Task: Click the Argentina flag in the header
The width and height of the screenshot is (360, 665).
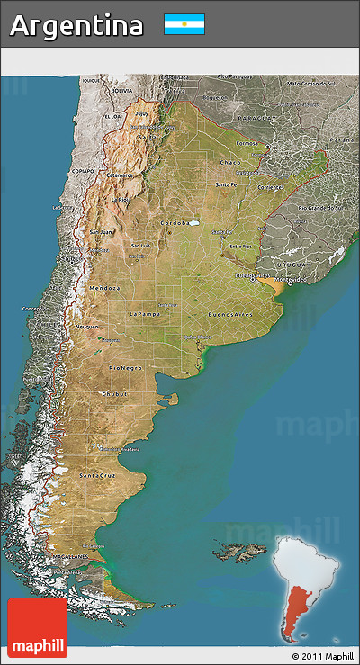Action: coord(184,24)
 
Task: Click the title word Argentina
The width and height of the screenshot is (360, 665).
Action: coord(76,25)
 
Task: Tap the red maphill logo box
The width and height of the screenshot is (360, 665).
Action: coord(37,627)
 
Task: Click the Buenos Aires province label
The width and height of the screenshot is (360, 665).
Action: coord(229,315)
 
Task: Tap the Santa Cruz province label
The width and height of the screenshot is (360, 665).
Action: coord(95,474)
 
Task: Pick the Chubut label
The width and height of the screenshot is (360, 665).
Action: coord(114,393)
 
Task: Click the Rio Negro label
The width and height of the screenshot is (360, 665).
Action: coord(125,368)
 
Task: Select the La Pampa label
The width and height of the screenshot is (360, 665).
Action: coord(144,313)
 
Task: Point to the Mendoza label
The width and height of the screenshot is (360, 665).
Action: coord(104,287)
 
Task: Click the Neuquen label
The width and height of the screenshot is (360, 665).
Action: coord(87,327)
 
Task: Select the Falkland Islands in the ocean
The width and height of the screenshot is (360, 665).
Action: coord(238,548)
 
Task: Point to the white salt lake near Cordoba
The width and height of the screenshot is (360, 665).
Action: coord(192,221)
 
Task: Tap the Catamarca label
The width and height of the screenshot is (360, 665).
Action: coord(120,175)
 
